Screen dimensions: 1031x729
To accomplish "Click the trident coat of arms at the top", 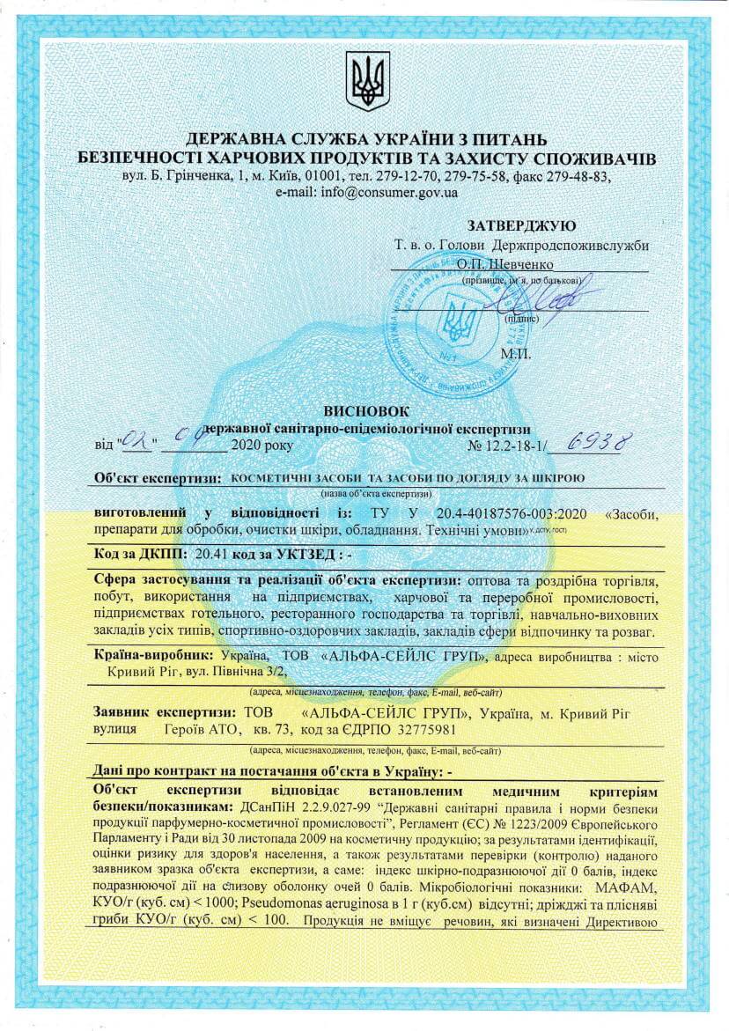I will pos(367,80).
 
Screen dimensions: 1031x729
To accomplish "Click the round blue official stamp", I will pos(457,316).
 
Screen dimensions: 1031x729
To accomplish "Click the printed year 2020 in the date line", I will pos(247,446).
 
